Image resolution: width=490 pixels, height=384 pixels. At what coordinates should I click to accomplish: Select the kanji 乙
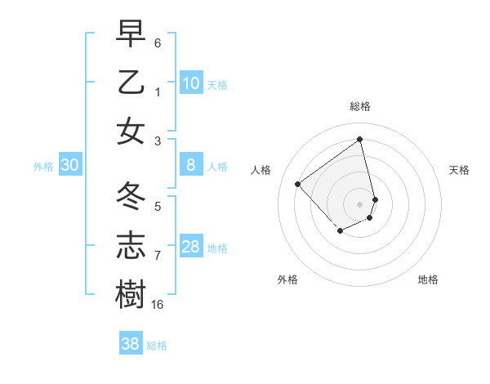131,83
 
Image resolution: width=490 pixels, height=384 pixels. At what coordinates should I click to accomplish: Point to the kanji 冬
131,197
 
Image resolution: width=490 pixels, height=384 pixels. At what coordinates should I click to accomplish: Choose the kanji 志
131,244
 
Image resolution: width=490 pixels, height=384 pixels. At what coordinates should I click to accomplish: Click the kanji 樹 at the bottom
131,293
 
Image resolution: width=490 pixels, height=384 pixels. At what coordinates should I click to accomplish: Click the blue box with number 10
191,83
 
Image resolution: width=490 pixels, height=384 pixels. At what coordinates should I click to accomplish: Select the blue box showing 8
191,166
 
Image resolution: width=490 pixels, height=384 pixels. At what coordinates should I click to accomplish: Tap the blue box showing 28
191,247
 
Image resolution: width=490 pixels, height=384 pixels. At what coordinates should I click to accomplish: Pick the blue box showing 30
70,166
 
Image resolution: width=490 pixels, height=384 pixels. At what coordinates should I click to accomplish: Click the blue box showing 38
131,344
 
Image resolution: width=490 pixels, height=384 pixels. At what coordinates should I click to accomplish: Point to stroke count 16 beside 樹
158,304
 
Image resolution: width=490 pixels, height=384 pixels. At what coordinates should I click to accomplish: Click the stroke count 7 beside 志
158,255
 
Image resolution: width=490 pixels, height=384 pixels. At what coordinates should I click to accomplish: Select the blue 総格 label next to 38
157,346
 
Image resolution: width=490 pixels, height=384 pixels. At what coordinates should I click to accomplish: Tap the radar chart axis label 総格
360,106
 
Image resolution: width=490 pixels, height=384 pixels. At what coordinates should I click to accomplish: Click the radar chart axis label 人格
261,170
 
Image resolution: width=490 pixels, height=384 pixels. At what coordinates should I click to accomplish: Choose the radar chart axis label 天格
460,170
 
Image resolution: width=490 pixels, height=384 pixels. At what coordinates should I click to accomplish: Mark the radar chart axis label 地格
428,279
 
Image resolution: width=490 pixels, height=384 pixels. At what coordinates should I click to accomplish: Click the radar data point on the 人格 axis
298,184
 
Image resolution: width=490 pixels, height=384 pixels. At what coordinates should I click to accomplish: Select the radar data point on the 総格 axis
360,139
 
